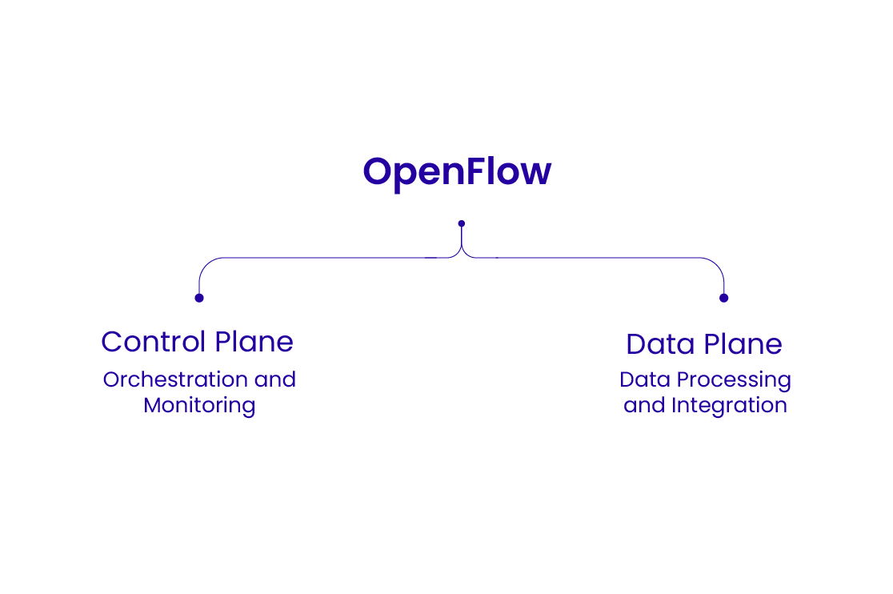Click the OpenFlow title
(457, 171)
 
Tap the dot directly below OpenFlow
(461, 223)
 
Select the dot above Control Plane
(199, 298)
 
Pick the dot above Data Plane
(723, 298)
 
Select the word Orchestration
(175, 379)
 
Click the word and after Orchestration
(275, 379)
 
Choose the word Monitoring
(199, 405)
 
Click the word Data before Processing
(643, 379)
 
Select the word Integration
(729, 405)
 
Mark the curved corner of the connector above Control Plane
(205, 264)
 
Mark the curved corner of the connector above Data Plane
(718, 264)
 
